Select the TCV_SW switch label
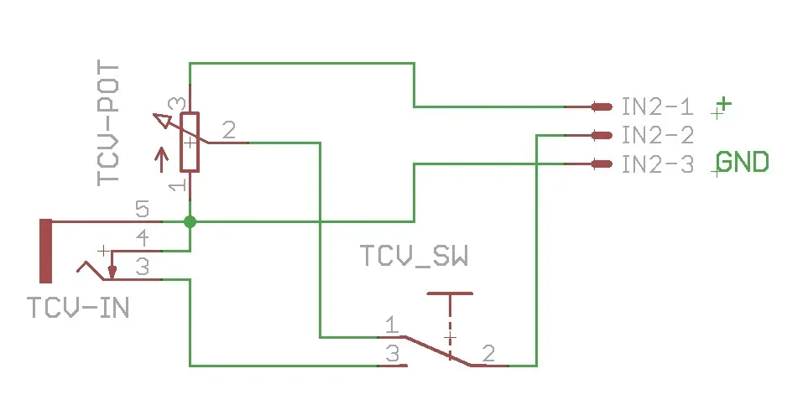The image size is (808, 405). coord(414,256)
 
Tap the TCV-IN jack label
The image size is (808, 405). coord(78,308)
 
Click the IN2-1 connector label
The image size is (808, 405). coord(657,106)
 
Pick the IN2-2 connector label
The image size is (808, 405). coord(657,135)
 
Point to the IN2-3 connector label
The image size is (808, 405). coord(657,164)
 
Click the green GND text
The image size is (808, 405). coord(743,162)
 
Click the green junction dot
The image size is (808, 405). coord(190,221)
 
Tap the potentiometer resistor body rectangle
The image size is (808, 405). coord(190,142)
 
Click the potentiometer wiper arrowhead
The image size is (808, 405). coord(165,122)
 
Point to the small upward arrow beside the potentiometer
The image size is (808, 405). coord(162,158)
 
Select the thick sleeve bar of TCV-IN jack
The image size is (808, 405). coord(45,251)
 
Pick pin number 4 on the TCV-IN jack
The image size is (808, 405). coord(143,237)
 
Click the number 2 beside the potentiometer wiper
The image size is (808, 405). coord(227,130)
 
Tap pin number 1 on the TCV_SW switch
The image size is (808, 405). coord(391,325)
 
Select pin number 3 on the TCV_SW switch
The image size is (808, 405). coord(392,354)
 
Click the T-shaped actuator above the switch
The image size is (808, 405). coord(450,295)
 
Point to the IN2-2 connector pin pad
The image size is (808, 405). coord(601,135)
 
